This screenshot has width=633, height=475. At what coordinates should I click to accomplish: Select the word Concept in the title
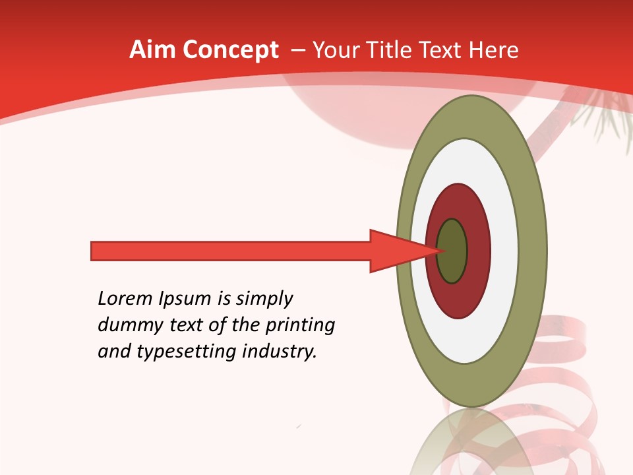[231, 50]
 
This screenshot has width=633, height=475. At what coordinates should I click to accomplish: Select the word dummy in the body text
[127, 325]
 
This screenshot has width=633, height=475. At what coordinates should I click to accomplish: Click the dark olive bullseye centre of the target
[453, 251]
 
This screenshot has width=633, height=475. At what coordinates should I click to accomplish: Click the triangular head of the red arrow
[396, 251]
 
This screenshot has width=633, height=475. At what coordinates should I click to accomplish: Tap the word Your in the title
[334, 50]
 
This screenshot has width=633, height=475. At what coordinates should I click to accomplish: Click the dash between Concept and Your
[297, 50]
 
